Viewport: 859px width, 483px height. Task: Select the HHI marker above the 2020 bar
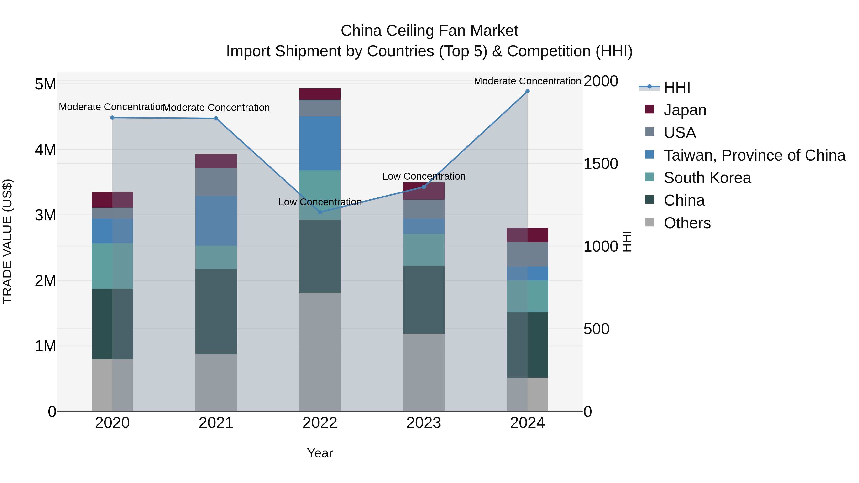point(112,118)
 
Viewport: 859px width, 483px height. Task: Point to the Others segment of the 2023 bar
point(424,372)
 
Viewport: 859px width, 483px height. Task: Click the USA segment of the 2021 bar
point(216,182)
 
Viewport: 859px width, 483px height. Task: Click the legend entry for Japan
point(685,110)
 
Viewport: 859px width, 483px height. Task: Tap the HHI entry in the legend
point(677,87)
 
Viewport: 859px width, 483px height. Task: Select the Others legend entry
point(687,223)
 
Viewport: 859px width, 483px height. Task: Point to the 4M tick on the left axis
point(45,150)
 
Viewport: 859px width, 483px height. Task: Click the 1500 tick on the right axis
point(601,164)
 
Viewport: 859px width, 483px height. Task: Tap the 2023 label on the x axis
point(424,423)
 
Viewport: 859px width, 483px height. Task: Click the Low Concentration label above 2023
point(424,176)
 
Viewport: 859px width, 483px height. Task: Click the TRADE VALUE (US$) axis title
point(7,241)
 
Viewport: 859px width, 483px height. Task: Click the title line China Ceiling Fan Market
point(429,31)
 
